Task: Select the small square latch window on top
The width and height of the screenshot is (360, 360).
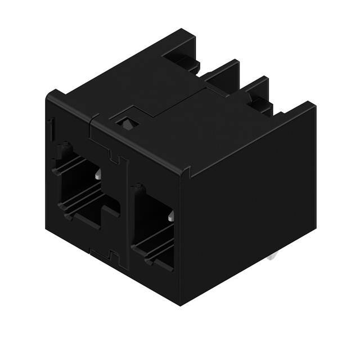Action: (x=125, y=120)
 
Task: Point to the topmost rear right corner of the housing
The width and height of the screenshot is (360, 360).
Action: (x=312, y=103)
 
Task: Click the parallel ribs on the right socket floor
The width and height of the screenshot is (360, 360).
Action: (x=155, y=242)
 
